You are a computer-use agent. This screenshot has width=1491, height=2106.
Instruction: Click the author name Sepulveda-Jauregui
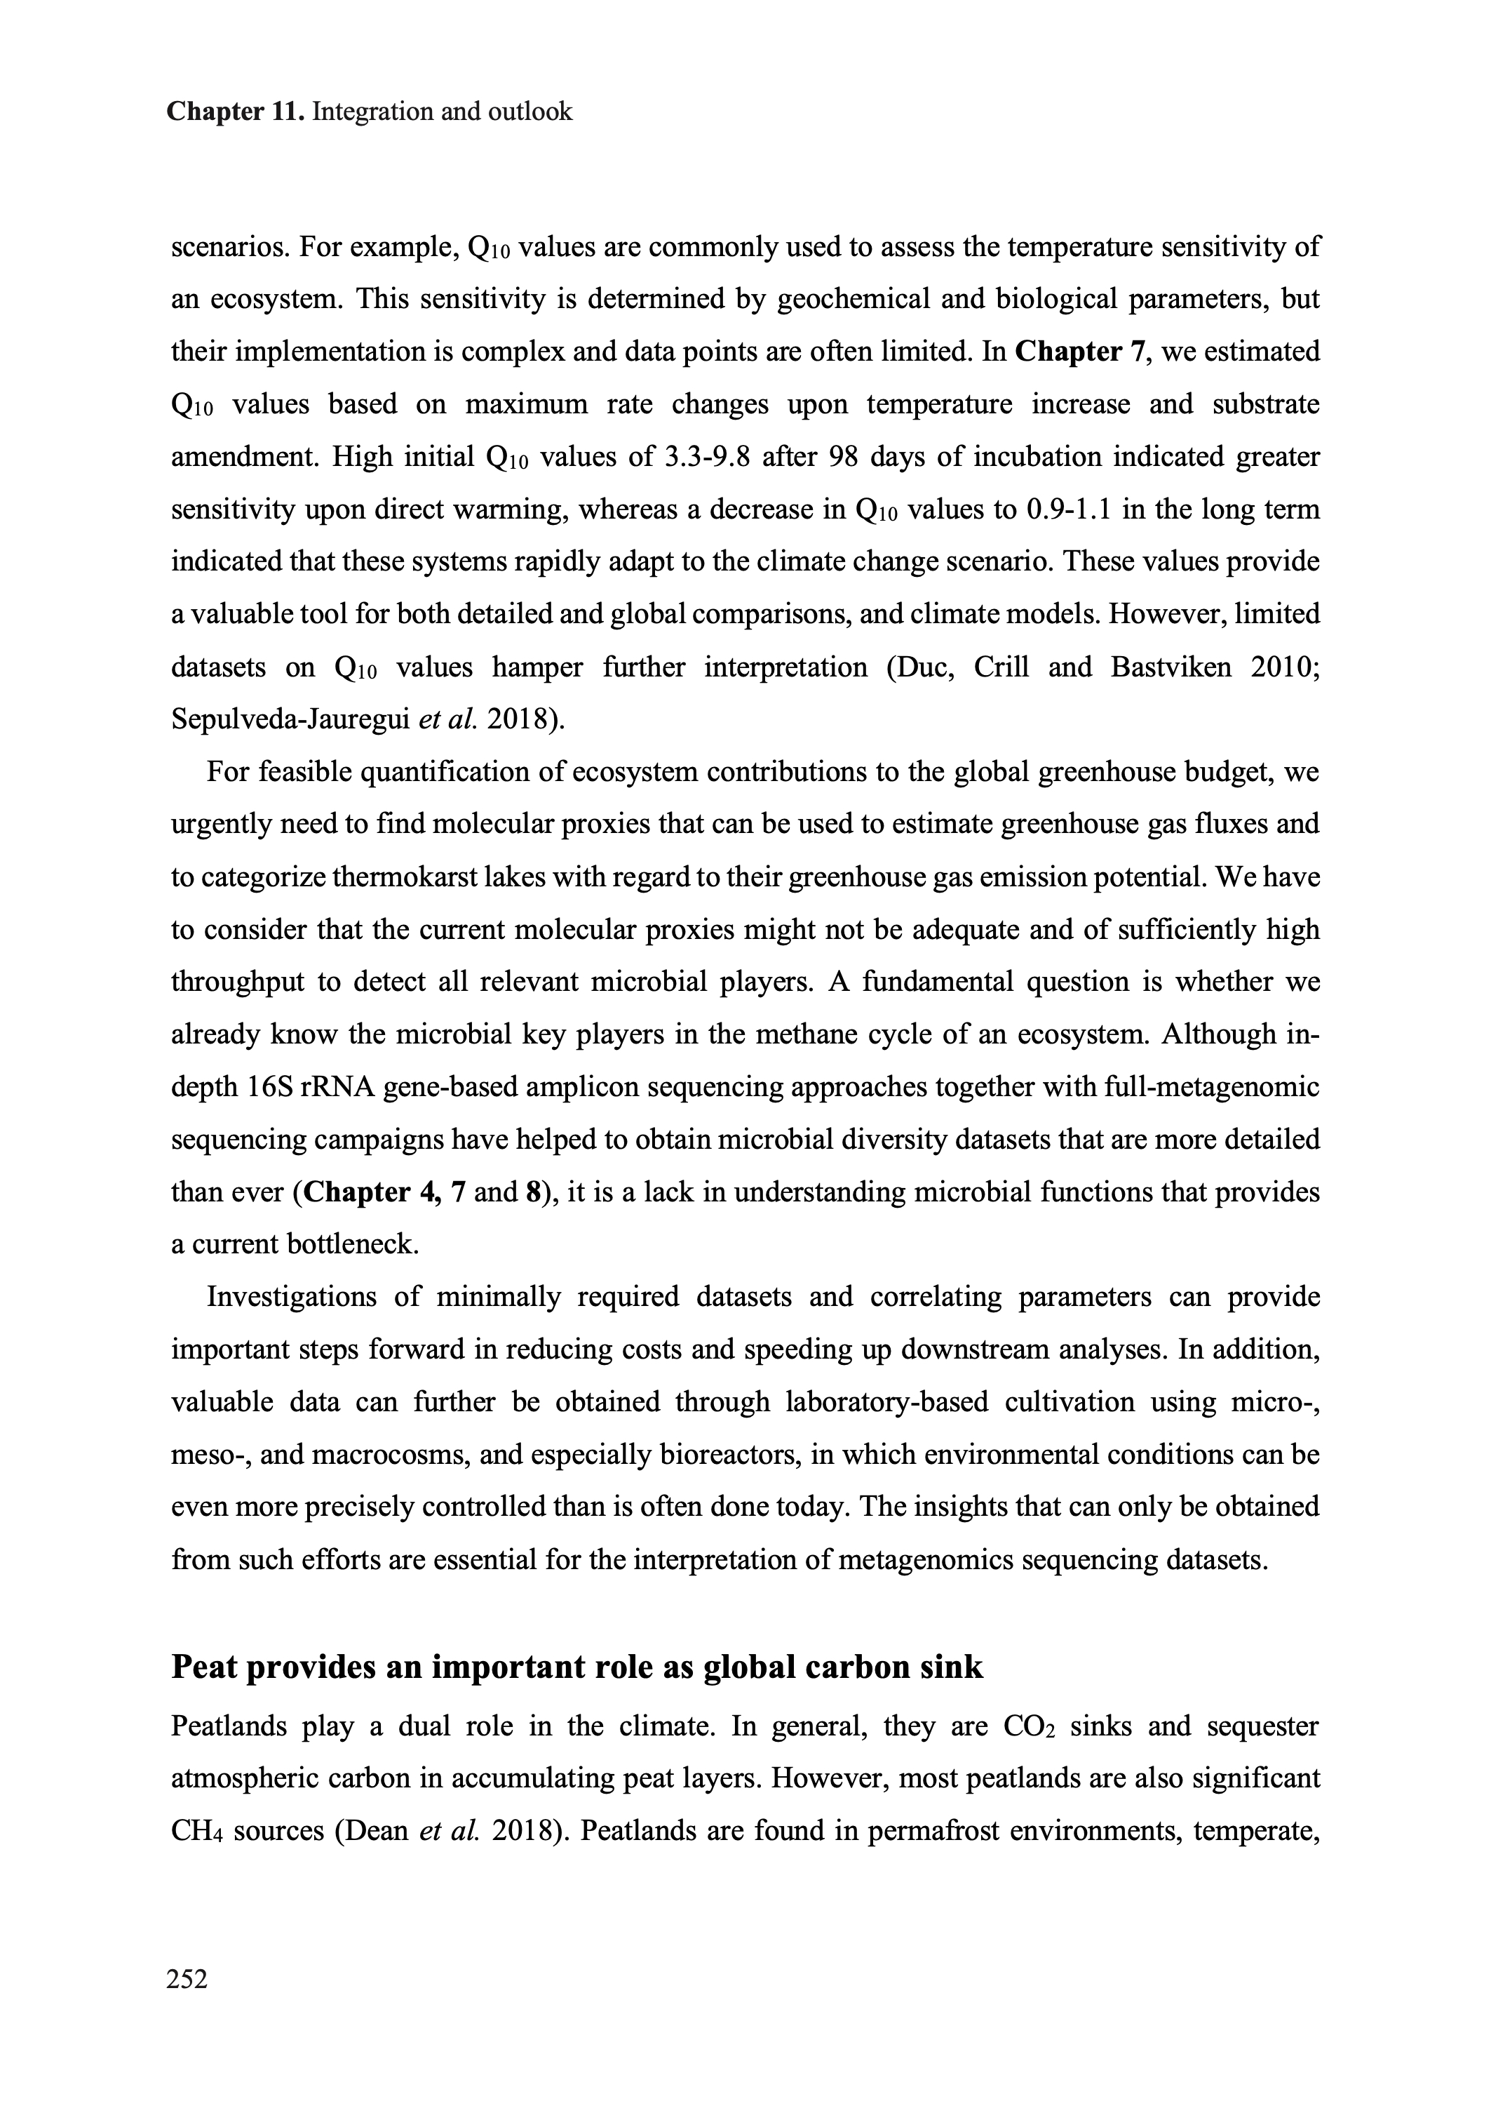coord(290,719)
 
